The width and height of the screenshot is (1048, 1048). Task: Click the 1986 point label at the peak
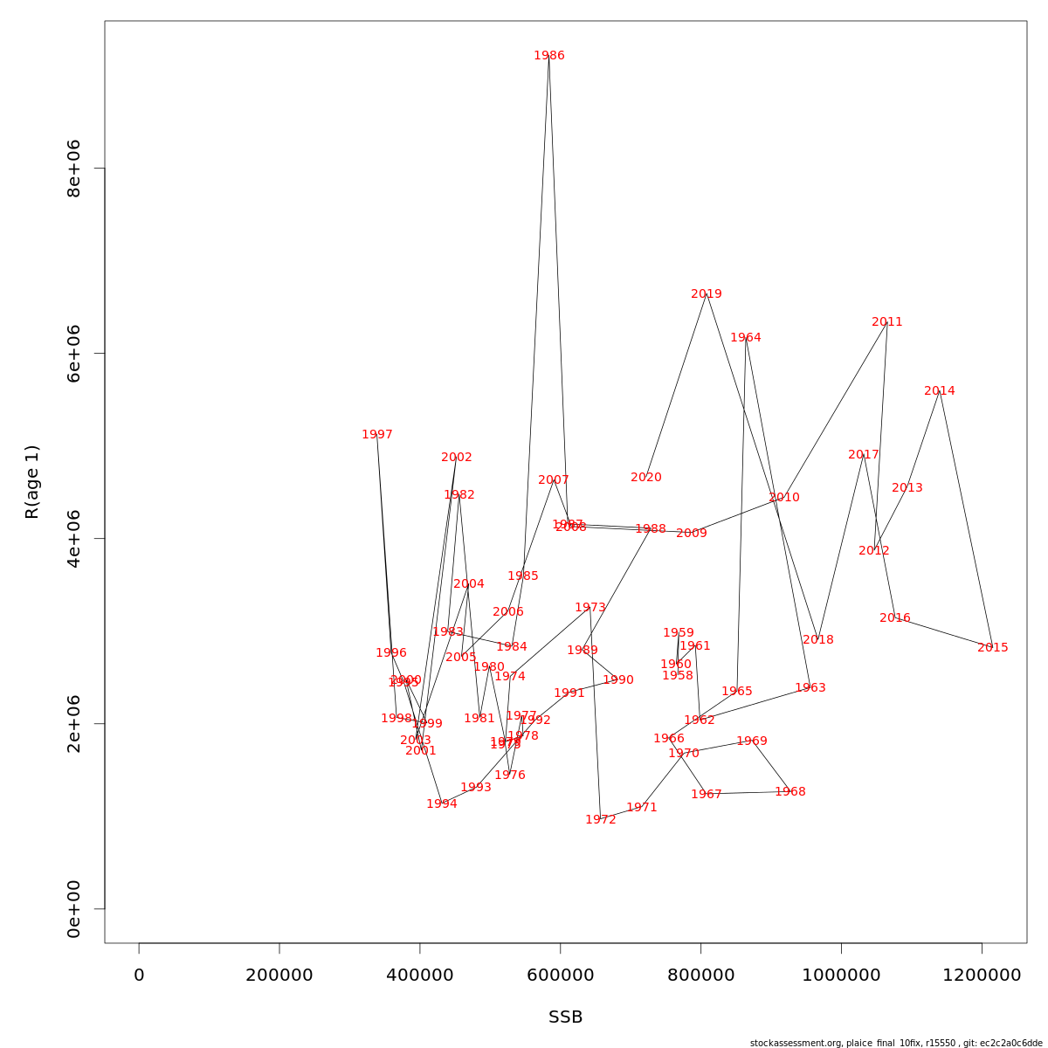[549, 56]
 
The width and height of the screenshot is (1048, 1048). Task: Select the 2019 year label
[707, 294]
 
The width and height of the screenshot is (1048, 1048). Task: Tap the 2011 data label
[887, 322]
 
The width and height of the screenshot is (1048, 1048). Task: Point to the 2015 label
[993, 648]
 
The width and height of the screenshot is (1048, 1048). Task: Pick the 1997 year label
[377, 435]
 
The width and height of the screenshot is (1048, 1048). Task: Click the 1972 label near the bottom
[601, 820]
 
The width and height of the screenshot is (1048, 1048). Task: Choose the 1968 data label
[790, 792]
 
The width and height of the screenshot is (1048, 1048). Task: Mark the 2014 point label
[940, 391]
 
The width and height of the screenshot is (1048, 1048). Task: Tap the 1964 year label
[746, 338]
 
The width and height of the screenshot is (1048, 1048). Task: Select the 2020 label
[646, 478]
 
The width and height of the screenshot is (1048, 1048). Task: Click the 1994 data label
[442, 804]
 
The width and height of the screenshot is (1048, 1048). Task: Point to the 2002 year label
[457, 458]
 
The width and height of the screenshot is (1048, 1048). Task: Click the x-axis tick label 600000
[561, 975]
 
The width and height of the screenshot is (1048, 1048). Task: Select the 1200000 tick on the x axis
[982, 975]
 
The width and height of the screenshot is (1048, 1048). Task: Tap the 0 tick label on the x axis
[139, 975]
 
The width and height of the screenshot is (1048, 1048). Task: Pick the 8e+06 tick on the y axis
[74, 168]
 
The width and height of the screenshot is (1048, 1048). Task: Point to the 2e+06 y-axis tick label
[74, 723]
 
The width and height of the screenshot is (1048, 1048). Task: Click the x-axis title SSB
[566, 1017]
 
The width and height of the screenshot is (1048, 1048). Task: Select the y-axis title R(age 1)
[32, 482]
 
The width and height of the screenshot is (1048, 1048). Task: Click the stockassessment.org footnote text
[896, 1043]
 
